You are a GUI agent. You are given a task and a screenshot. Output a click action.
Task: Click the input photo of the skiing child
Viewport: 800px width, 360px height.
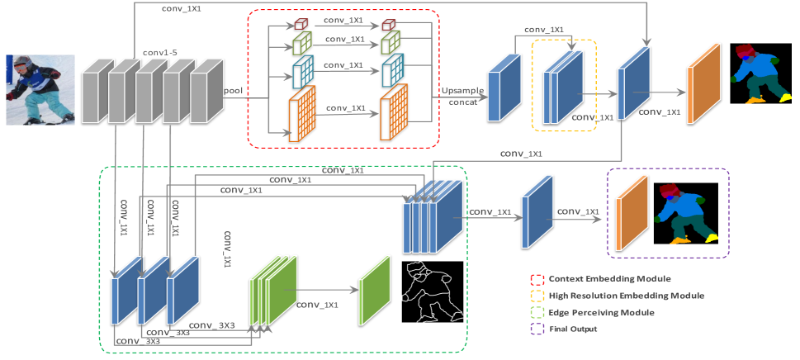40,90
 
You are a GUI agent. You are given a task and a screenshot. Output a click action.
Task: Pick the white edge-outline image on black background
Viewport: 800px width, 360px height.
432,292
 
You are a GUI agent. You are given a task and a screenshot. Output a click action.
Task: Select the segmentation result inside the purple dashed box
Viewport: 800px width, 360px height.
687,213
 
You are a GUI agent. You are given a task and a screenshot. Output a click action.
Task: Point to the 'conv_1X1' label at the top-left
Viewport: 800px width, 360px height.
179,10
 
